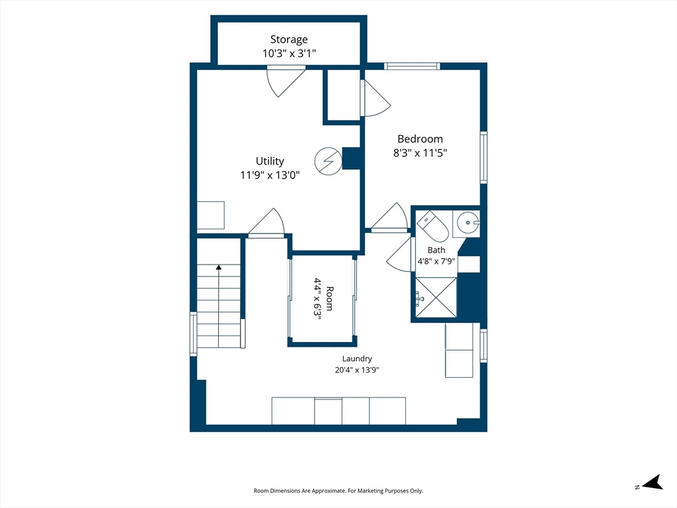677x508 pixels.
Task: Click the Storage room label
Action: [x=289, y=39]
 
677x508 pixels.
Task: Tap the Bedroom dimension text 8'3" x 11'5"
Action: [x=420, y=153]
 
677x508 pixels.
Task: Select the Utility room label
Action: [x=270, y=161]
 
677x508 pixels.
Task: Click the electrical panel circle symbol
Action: [x=328, y=161]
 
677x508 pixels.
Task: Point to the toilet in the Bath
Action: [x=432, y=226]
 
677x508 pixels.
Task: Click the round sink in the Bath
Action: [x=468, y=223]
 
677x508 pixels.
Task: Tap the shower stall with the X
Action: [x=436, y=298]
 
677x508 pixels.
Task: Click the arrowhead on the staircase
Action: [x=218, y=268]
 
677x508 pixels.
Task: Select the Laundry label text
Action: [x=357, y=359]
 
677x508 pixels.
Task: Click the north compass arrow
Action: [x=653, y=482]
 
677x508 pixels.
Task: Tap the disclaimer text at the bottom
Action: [x=338, y=491]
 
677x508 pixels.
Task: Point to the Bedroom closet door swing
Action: [x=376, y=99]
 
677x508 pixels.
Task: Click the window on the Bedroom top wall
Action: [x=412, y=66]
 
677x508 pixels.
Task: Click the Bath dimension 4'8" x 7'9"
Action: [x=436, y=261]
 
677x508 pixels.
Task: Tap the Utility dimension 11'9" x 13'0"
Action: [x=270, y=175]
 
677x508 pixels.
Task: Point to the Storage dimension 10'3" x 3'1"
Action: [x=290, y=54]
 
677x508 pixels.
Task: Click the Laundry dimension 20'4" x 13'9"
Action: [x=357, y=370]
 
